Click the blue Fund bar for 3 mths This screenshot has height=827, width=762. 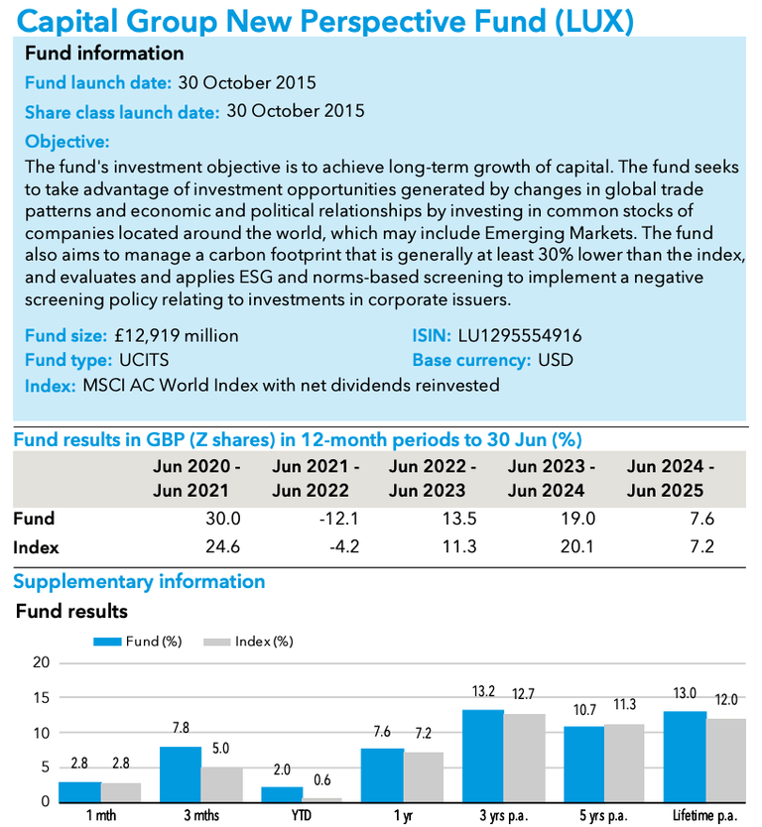(181, 774)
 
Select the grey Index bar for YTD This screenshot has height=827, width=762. (321, 799)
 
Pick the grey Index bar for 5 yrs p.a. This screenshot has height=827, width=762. (624, 763)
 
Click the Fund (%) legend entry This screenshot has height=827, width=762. (138, 642)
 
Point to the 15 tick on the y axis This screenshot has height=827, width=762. (41, 698)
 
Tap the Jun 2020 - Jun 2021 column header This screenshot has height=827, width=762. (196, 478)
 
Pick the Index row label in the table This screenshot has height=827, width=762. (36, 547)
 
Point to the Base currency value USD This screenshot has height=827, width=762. (556, 360)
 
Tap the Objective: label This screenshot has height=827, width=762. (66, 141)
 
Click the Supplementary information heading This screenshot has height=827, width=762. (138, 581)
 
